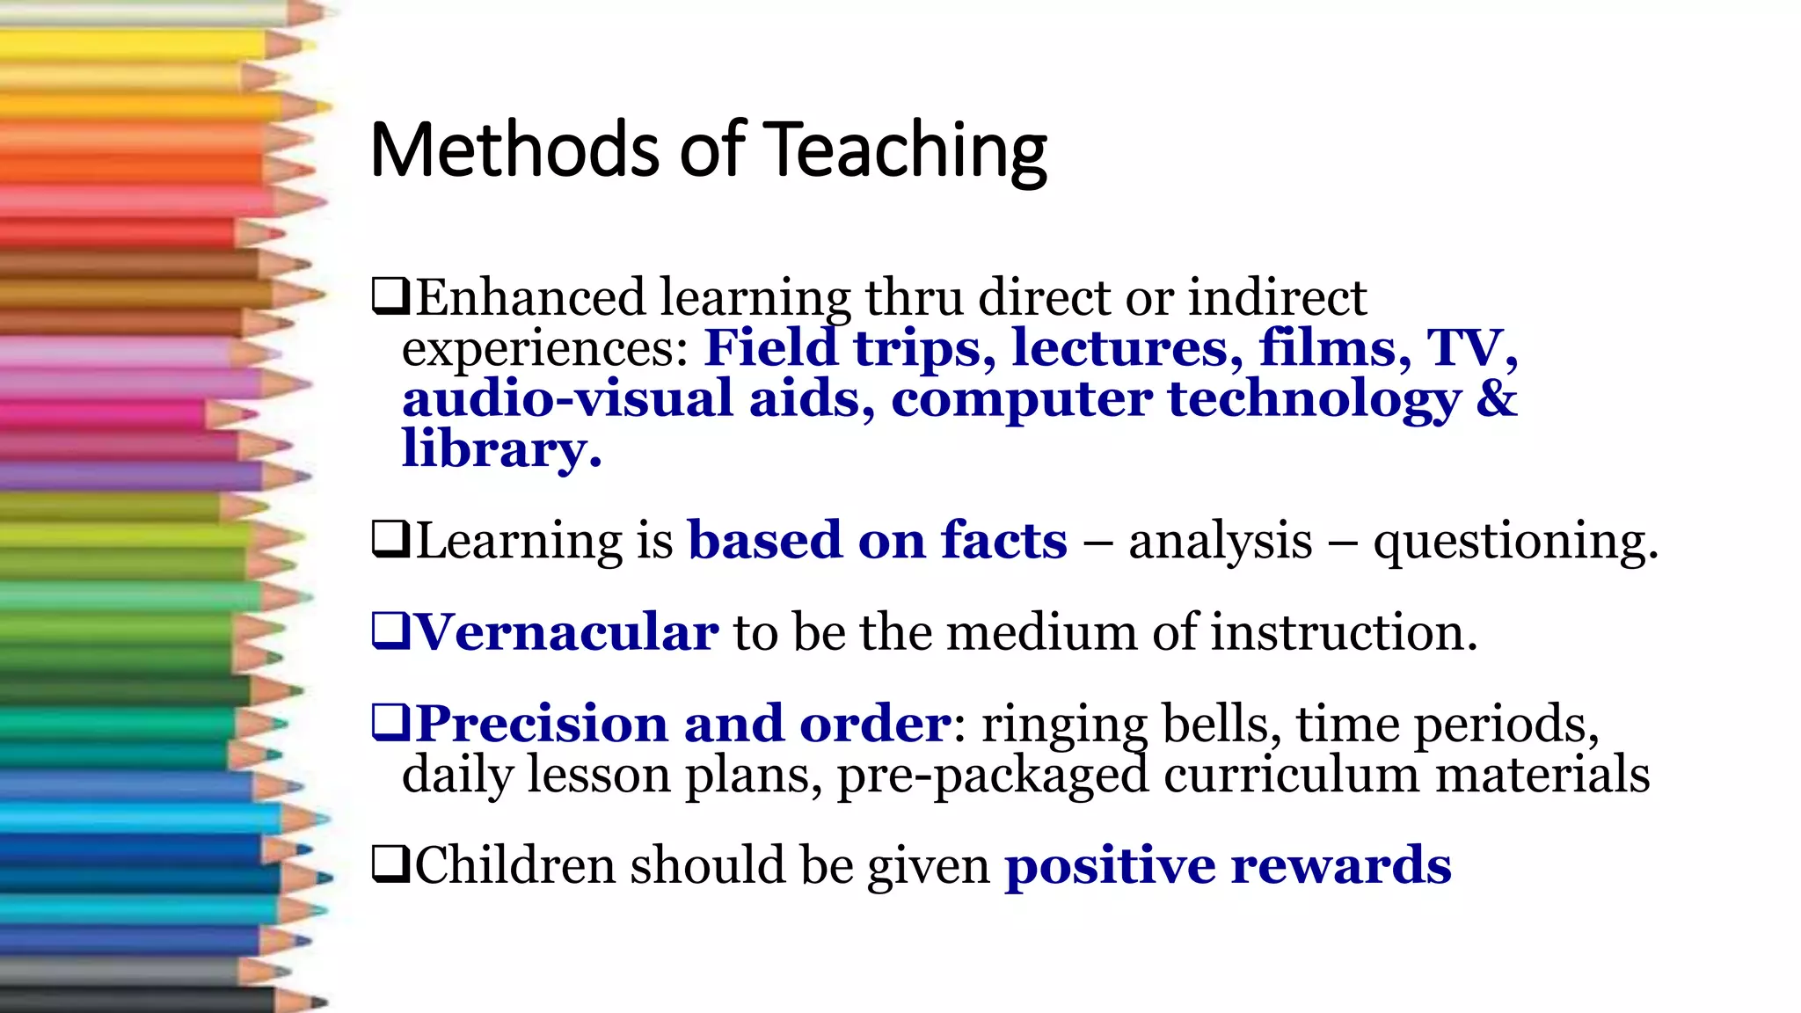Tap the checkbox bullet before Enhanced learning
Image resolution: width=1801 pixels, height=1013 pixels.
(x=390, y=296)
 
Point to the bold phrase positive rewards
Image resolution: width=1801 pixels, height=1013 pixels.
(x=1228, y=865)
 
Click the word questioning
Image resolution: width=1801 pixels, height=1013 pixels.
(x=1515, y=541)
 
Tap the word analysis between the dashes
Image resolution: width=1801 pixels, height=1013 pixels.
(x=1221, y=541)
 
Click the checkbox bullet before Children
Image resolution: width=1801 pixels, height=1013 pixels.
(x=390, y=864)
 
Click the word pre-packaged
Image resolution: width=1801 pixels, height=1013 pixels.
(x=993, y=776)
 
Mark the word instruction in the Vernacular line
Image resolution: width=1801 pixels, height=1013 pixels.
(x=1343, y=632)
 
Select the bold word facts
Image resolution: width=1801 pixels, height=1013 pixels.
(x=1004, y=540)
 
